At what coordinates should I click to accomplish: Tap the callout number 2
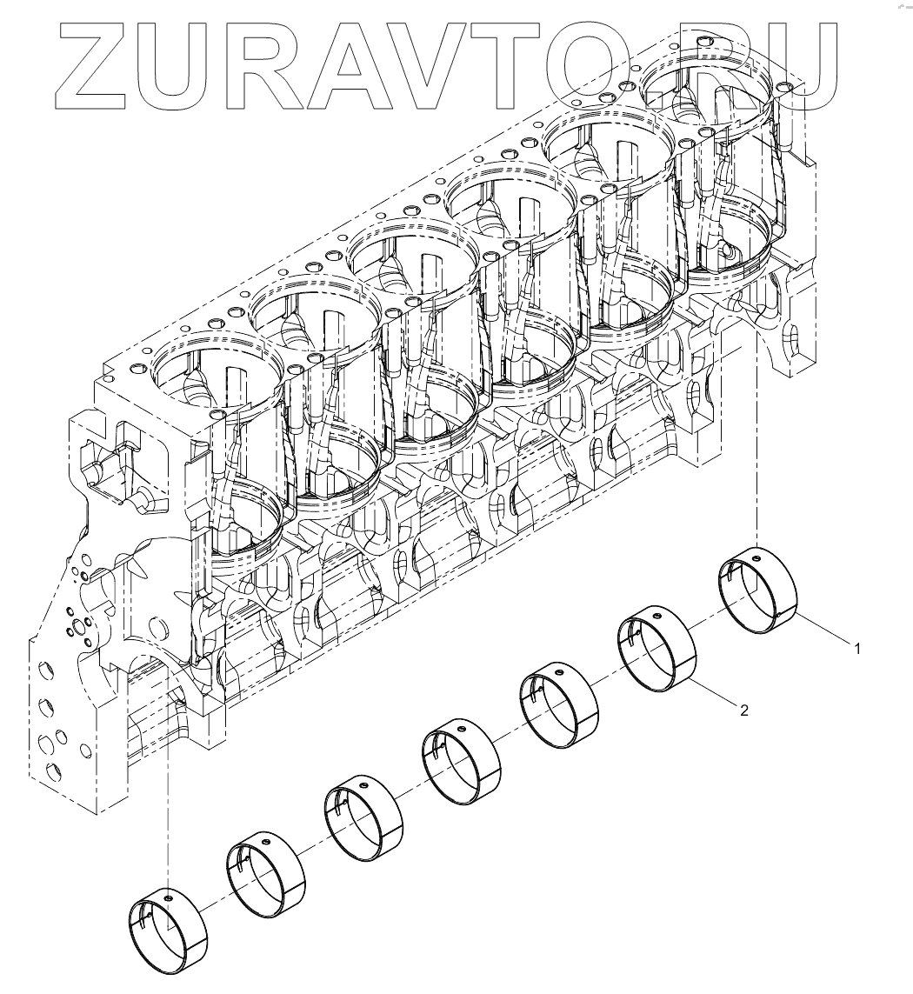[743, 710]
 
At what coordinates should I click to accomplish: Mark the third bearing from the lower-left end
[364, 817]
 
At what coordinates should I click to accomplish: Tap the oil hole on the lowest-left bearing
[166, 893]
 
